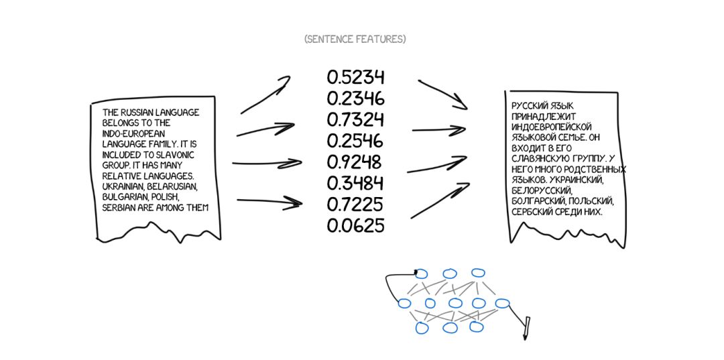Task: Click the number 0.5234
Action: (355, 77)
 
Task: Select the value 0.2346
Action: (355, 99)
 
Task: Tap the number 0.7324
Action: (355, 120)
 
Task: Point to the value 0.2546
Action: (355, 141)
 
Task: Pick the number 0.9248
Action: (355, 162)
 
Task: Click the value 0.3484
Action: (355, 183)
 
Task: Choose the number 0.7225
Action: (355, 204)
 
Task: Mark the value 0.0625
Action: (355, 226)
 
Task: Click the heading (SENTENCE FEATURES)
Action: (355, 39)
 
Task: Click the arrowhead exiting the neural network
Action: (526, 328)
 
